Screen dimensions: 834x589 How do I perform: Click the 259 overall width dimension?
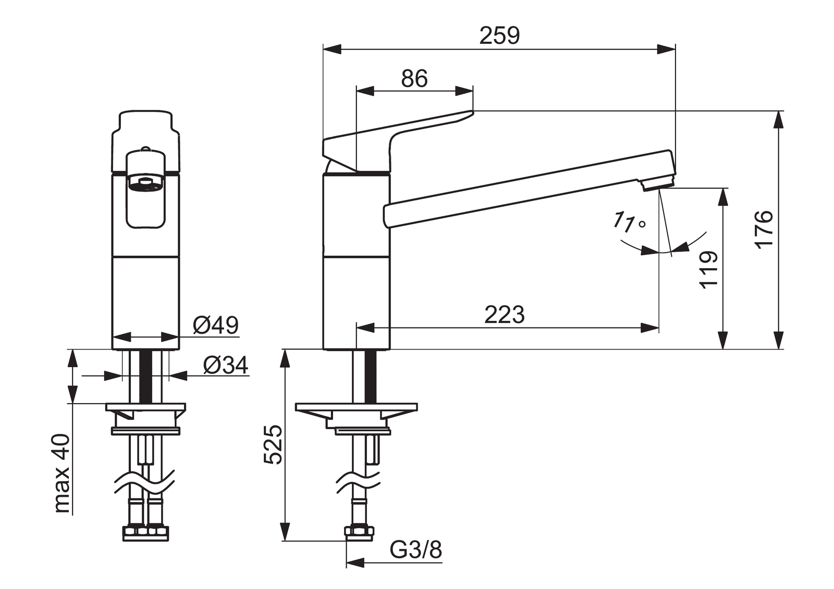pyautogui.click(x=499, y=36)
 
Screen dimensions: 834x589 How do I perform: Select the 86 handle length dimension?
pyautogui.click(x=414, y=79)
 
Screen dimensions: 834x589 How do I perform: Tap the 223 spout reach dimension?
pyautogui.click(x=505, y=315)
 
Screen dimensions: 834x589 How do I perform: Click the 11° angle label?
pyautogui.click(x=629, y=222)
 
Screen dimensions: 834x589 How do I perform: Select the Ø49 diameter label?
pyautogui.click(x=216, y=325)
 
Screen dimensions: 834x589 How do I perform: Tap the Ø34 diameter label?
pyautogui.click(x=226, y=365)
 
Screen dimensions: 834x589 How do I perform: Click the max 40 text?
pyautogui.click(x=62, y=474)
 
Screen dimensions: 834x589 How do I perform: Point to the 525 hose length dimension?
pyautogui.click(x=273, y=445)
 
